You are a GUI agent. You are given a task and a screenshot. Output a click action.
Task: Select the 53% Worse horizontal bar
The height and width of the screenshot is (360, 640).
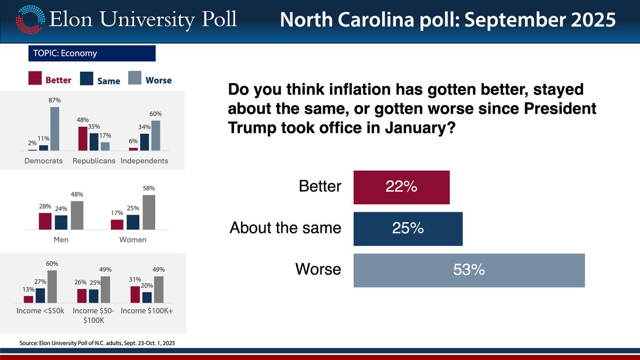(469, 270)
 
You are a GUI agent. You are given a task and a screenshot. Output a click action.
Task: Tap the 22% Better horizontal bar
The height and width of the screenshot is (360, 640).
(401, 187)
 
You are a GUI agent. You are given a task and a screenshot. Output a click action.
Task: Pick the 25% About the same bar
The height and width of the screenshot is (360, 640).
(408, 228)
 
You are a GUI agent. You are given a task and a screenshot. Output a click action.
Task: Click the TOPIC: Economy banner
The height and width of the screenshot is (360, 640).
(91, 53)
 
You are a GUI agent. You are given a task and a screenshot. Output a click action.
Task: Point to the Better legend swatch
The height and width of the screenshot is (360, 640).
(35, 79)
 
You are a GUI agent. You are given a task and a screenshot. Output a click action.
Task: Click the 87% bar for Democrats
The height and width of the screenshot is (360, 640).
(54, 129)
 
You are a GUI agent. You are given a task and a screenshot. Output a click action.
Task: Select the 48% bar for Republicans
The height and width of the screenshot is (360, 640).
(83, 139)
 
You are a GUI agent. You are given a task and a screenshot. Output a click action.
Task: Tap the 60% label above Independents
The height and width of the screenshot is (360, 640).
(156, 114)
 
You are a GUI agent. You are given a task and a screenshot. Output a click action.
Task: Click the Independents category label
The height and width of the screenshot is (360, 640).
(144, 161)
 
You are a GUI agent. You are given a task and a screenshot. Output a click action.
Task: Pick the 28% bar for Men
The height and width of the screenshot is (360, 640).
(45, 221)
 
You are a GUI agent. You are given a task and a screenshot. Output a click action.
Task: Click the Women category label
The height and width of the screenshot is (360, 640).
(133, 240)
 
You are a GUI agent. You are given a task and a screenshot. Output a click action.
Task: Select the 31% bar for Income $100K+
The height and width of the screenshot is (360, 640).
(135, 294)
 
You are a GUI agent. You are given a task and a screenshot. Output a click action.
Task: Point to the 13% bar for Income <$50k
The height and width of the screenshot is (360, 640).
(28, 299)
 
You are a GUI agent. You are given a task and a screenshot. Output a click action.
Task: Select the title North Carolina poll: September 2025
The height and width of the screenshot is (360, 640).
(447, 20)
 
